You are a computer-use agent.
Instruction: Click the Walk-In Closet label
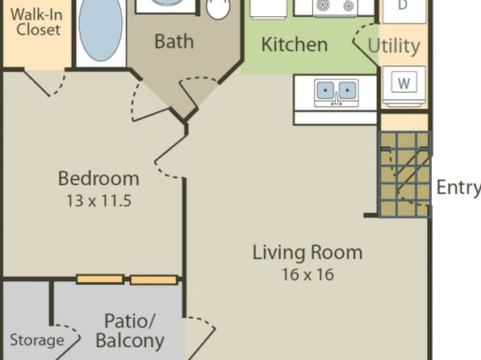36,22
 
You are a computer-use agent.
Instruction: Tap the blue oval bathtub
101,30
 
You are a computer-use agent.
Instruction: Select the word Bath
174,41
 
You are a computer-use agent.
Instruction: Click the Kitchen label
295,44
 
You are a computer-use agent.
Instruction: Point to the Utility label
394,46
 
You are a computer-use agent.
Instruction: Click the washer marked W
404,86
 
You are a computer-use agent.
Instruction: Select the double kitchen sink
337,93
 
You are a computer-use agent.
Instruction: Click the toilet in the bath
218,9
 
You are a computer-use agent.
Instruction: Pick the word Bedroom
98,178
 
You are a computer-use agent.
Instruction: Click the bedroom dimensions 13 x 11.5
98,201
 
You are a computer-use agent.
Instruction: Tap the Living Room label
307,253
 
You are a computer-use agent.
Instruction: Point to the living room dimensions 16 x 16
307,274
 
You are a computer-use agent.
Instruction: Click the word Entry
458,187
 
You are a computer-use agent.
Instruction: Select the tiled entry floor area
404,174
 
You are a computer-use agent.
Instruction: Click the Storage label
37,340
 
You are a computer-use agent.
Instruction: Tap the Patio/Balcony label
130,331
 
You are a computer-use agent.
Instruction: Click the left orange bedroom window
100,279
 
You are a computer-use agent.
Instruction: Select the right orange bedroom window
154,280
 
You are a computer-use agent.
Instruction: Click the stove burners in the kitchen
335,6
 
